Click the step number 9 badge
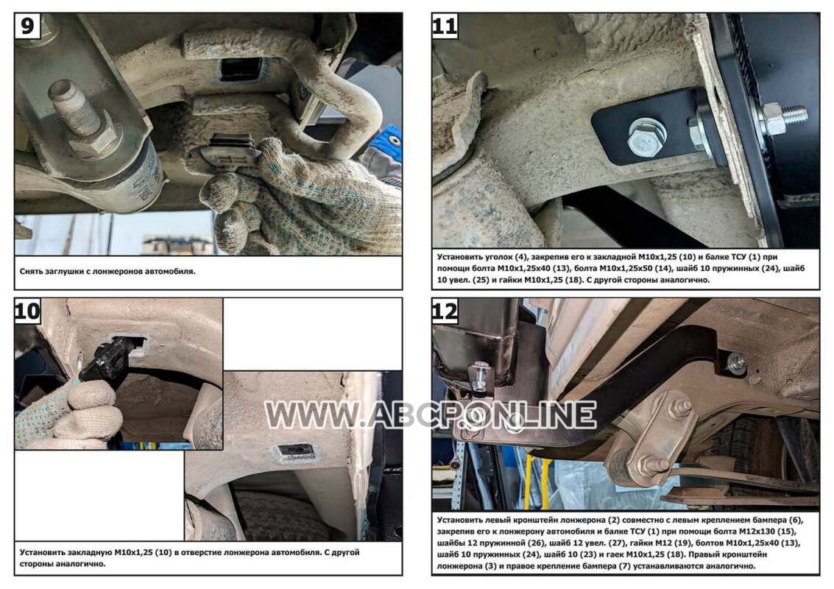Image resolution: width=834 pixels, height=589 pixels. pos(28,26)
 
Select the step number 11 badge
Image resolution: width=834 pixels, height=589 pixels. pos(445,26)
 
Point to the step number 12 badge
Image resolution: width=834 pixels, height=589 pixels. pos(445,311)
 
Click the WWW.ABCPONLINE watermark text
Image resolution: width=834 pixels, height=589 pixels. pos(430,415)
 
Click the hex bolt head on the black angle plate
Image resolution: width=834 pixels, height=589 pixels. pos(646,139)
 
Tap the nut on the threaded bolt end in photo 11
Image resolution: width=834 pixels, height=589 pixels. pos(773,118)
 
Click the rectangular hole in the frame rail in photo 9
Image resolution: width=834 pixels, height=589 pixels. pos(242,69)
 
